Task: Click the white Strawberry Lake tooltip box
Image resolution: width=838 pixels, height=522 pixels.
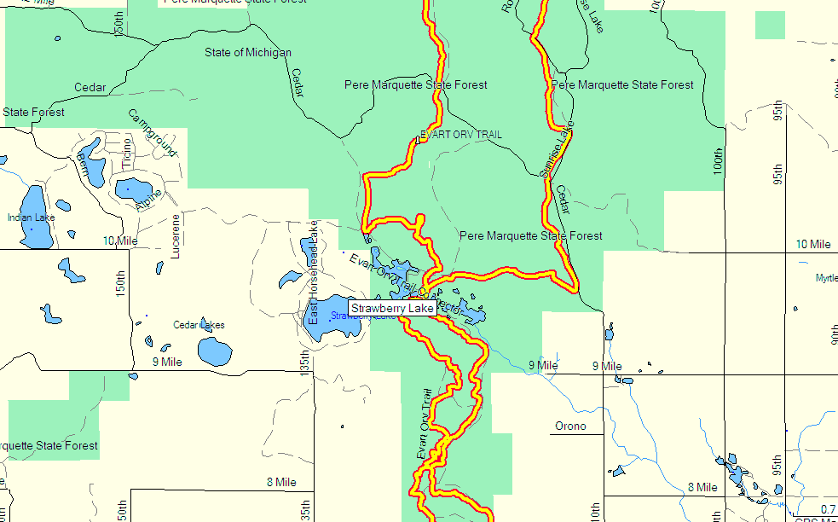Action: [x=392, y=307]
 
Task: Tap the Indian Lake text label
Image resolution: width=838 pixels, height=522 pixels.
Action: [x=31, y=217]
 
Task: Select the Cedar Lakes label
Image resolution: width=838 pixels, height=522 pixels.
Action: [x=199, y=325]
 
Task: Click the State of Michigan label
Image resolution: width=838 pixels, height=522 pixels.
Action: [x=248, y=53]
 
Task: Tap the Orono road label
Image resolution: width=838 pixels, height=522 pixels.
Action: [x=570, y=426]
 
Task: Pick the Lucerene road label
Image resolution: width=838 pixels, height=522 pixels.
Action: [x=176, y=236]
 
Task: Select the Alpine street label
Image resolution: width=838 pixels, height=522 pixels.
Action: [x=147, y=201]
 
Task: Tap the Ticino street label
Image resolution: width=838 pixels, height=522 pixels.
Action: [x=127, y=151]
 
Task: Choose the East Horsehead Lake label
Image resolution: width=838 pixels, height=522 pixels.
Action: [x=313, y=273]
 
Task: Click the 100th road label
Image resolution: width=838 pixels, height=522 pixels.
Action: [x=719, y=161]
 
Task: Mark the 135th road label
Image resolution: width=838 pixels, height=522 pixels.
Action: [x=305, y=364]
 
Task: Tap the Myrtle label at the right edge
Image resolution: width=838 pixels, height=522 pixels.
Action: [x=826, y=278]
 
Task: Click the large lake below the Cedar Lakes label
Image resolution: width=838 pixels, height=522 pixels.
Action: [x=215, y=351]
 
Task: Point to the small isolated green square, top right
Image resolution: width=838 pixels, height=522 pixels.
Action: [x=770, y=25]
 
